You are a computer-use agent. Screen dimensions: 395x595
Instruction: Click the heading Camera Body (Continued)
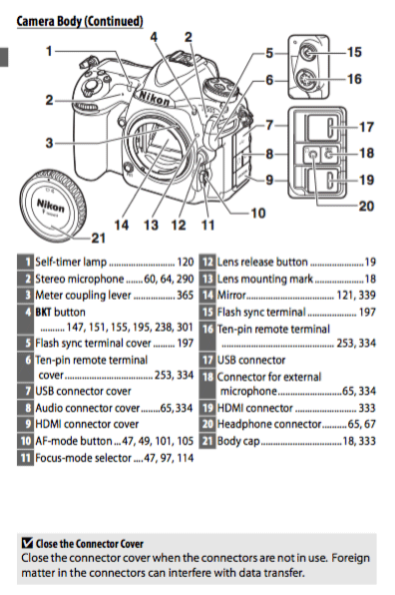(x=80, y=21)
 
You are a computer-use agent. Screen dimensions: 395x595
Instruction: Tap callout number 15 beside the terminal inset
(x=354, y=52)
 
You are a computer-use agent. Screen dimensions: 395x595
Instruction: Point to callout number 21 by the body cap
(x=98, y=238)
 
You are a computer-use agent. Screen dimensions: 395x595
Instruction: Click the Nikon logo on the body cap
(x=51, y=206)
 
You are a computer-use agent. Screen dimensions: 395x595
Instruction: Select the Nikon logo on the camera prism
(x=154, y=98)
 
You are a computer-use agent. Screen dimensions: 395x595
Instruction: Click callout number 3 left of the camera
(x=50, y=143)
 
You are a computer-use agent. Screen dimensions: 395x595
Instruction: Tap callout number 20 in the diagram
(x=366, y=206)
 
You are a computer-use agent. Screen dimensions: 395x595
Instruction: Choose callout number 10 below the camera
(x=258, y=213)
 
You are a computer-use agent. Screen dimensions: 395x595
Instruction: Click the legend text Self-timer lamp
(x=71, y=262)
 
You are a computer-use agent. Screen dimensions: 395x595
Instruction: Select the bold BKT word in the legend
(x=43, y=312)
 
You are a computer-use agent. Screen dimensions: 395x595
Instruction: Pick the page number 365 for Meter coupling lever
(x=185, y=296)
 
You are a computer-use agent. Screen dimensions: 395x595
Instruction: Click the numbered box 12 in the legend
(x=207, y=262)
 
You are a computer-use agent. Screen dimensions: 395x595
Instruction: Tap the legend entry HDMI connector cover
(x=87, y=424)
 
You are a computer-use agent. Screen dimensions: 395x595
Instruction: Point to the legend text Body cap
(x=238, y=441)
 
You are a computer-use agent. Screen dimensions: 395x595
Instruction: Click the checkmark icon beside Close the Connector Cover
(x=27, y=543)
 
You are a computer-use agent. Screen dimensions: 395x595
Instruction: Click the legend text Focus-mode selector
(x=83, y=458)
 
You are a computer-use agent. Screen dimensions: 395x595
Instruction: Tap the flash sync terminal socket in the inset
(x=310, y=52)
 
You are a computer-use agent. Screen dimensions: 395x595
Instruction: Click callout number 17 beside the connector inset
(x=366, y=127)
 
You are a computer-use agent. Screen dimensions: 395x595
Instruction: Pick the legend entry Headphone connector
(x=269, y=424)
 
